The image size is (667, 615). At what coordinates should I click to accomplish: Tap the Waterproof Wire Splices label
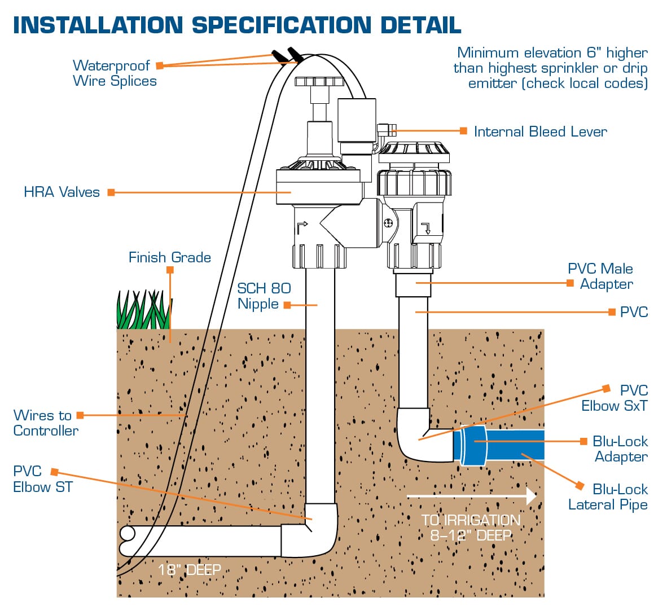tap(115, 73)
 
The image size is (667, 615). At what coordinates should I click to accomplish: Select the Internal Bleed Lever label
tap(540, 132)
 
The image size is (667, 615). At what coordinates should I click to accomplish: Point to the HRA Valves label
tap(62, 192)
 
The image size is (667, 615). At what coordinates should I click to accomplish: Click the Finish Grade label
tap(169, 258)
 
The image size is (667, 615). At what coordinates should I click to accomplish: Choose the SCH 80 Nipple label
tap(264, 296)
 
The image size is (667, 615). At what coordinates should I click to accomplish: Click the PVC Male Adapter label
tap(600, 276)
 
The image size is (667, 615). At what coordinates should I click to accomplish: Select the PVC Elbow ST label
tap(42, 480)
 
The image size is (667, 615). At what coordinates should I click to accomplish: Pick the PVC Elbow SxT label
tap(615, 398)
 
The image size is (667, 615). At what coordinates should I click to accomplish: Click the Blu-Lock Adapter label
tap(620, 449)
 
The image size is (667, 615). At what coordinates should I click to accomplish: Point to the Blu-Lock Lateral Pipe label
tap(608, 497)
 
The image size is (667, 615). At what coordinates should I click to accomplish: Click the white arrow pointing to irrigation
tap(471, 496)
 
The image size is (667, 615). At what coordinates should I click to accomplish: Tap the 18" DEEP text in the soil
tap(189, 570)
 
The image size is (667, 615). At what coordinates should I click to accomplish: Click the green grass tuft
tap(143, 310)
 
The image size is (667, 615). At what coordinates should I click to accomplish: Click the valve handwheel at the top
tap(319, 81)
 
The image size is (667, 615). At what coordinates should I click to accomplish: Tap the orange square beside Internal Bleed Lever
tap(463, 131)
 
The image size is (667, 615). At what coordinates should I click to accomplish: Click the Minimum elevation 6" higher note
tap(551, 68)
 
